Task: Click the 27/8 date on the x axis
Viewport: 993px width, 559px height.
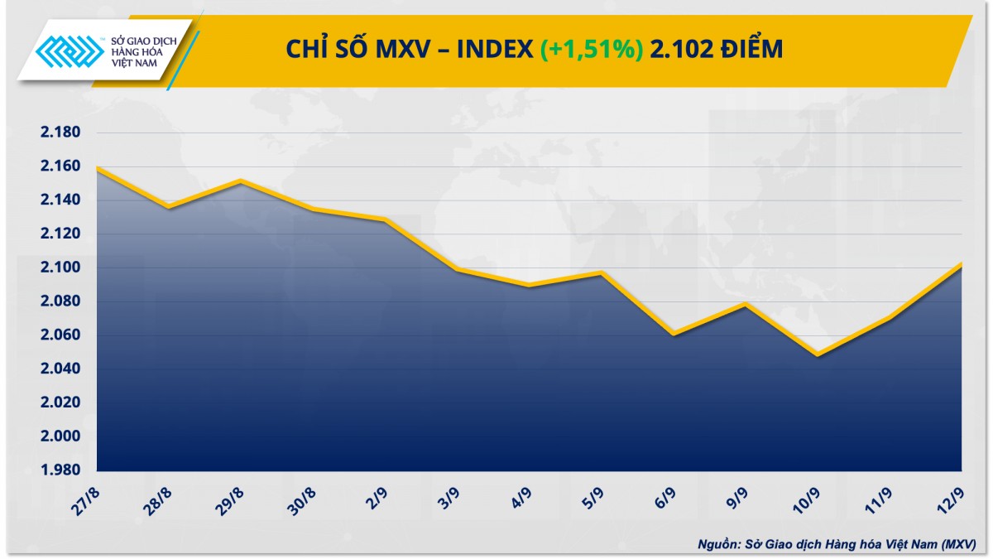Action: [85, 499]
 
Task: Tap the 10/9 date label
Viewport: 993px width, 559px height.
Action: [806, 499]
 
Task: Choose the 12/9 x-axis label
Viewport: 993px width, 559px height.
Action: [950, 499]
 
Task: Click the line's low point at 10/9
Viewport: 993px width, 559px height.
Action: [818, 355]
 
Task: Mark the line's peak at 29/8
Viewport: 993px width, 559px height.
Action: [241, 181]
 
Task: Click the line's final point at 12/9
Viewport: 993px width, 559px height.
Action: [961, 264]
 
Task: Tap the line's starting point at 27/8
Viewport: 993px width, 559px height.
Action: [98, 167]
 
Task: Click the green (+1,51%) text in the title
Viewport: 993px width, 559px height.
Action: [592, 51]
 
